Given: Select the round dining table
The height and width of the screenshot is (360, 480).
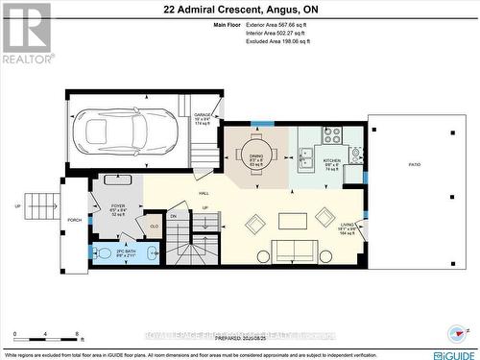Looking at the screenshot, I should (x=256, y=153).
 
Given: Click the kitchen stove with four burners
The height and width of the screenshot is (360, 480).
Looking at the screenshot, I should (x=331, y=135).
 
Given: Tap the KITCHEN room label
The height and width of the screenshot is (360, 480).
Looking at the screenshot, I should (x=332, y=161).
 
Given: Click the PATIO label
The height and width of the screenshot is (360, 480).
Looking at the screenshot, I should (x=415, y=165).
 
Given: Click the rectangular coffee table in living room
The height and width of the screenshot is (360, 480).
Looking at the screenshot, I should (x=293, y=220).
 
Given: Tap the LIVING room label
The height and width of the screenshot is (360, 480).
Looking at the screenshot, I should (x=348, y=227).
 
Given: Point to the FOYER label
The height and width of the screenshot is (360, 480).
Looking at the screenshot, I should (x=118, y=205).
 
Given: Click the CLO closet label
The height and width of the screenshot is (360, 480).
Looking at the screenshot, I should (x=154, y=226).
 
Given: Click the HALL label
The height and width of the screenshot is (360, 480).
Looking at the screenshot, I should (x=204, y=193).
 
